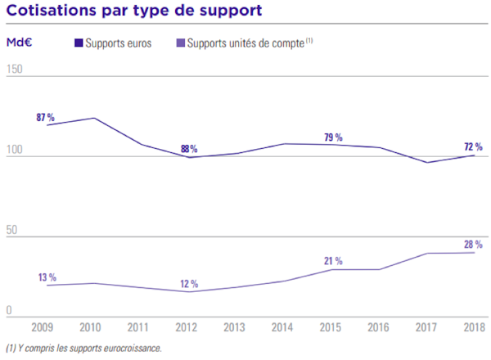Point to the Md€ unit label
(x=19, y=42)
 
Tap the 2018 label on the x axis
(x=473, y=327)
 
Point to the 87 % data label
(x=45, y=118)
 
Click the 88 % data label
(x=189, y=149)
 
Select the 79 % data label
(x=333, y=137)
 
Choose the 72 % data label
(x=473, y=147)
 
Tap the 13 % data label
(x=46, y=277)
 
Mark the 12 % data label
(x=189, y=284)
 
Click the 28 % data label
(x=473, y=245)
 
